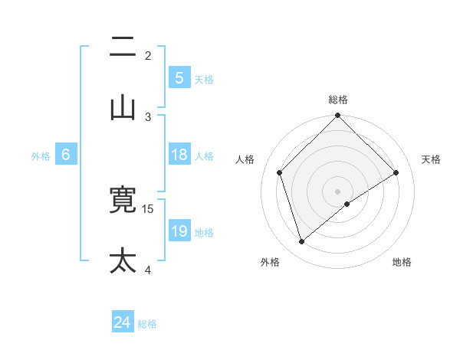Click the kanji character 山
click(123, 108)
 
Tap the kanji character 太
click(123, 260)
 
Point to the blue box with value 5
click(179, 78)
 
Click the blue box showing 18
click(179, 155)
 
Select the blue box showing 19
click(179, 231)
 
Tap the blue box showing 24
click(123, 323)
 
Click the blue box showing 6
click(66, 155)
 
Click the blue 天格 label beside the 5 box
click(204, 80)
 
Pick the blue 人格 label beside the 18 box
click(204, 156)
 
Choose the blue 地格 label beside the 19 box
click(204, 233)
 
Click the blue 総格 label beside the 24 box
click(147, 325)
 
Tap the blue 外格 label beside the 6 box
click(41, 156)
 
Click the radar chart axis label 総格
click(338, 100)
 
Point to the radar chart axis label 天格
click(432, 159)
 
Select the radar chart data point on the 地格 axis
click(347, 204)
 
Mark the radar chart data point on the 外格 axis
click(302, 242)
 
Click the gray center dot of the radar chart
click(338, 191)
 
